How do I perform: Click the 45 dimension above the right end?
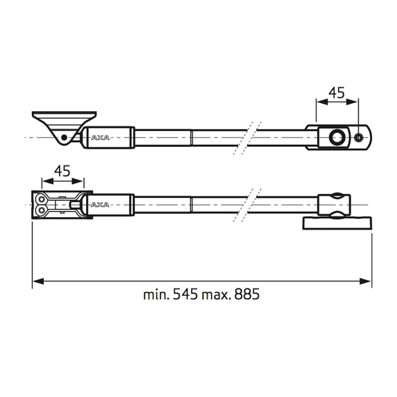[337, 93]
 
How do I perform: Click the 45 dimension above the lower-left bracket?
[62, 171]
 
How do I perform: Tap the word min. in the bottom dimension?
[156, 294]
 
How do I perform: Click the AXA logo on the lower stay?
[100, 204]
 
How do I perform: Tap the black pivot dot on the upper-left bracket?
[64, 138]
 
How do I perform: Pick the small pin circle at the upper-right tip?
[358, 138]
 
